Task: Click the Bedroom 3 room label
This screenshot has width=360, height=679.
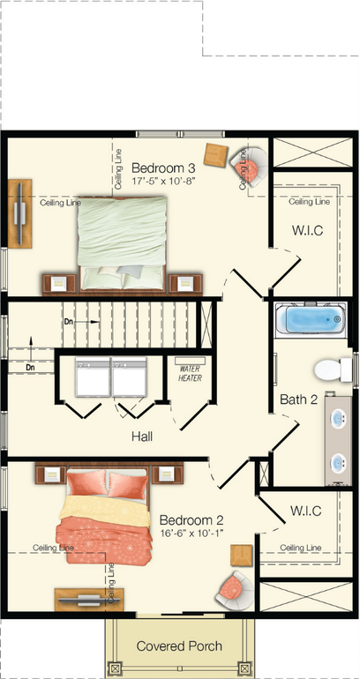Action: [x=162, y=168]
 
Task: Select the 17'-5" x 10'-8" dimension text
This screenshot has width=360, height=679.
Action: [x=162, y=181]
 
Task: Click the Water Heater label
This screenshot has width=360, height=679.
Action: [x=191, y=373]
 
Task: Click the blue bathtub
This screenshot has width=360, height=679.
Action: [x=308, y=318]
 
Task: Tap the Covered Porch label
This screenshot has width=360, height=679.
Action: [x=179, y=646]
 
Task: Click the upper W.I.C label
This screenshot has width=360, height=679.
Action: [x=307, y=232]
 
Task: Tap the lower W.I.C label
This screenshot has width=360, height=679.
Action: [x=305, y=511]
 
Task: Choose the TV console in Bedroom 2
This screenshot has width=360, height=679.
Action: [x=84, y=599]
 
